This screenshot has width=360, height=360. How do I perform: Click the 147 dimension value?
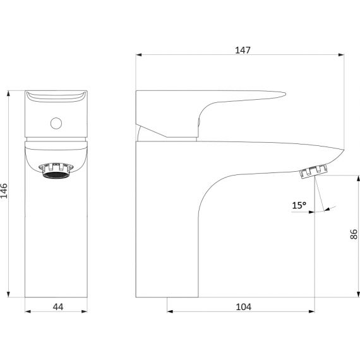[x=243, y=50]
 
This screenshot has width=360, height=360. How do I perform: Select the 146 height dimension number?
[x=4, y=191]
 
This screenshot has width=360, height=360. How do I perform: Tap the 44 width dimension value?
[x=58, y=307]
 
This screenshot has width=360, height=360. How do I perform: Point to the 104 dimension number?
[x=244, y=307]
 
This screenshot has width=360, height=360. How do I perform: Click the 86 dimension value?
[x=354, y=234]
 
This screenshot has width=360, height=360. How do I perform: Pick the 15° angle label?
[x=299, y=205]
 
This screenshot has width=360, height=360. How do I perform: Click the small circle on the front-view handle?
[x=56, y=123]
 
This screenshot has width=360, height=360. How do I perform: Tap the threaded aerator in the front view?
[x=56, y=171]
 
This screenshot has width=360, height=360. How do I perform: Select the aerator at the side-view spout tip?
[x=314, y=171]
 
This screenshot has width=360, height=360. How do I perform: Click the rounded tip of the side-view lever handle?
[x=284, y=93]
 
